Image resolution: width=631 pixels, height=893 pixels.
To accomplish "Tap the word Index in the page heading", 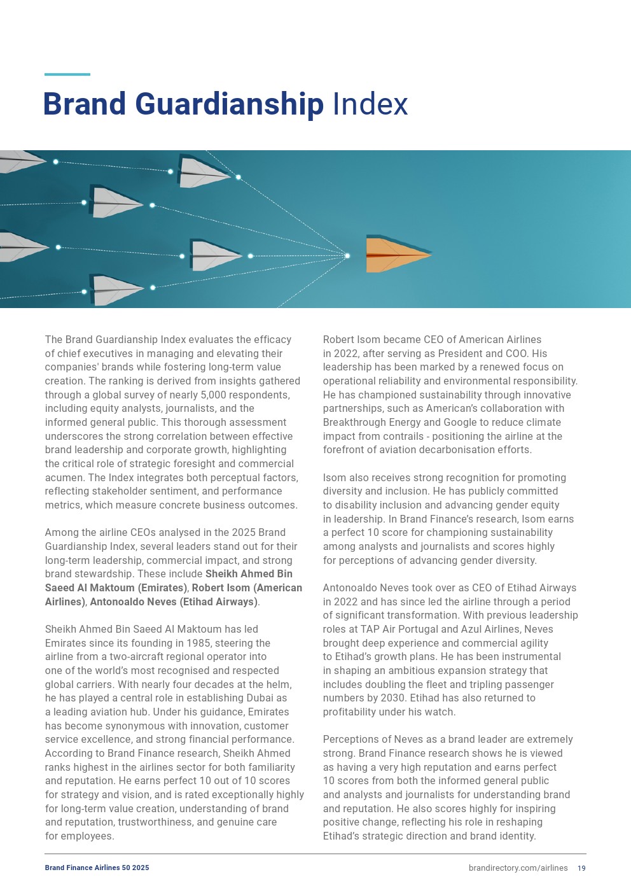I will pyautogui.click(x=370, y=104).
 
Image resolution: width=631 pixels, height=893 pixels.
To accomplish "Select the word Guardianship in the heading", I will pyautogui.click(x=230, y=104).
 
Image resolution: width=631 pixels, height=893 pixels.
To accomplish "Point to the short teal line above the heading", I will pyautogui.click(x=67, y=74).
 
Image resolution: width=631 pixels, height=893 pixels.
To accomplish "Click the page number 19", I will pyautogui.click(x=581, y=868).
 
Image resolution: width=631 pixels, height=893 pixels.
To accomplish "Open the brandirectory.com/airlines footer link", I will pyautogui.click(x=518, y=868).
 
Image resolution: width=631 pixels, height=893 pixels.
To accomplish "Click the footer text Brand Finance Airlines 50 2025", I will pyautogui.click(x=97, y=868).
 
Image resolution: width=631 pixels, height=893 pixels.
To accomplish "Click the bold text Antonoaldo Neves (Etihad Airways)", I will pyautogui.click(x=174, y=601).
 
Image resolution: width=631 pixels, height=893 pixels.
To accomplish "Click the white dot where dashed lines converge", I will pyautogui.click(x=347, y=256).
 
